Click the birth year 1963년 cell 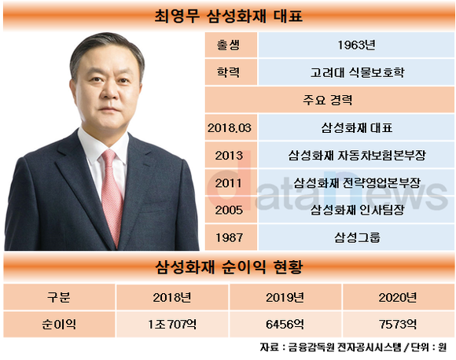pyautogui.click(x=356, y=45)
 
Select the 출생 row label pyautogui.click(x=229, y=45)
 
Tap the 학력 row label pyautogui.click(x=229, y=72)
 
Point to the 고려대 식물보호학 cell pyautogui.click(x=357, y=72)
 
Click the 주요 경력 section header pyautogui.click(x=328, y=100)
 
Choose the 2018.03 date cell pyautogui.click(x=229, y=127)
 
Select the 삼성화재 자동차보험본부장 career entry pyautogui.click(x=357, y=156)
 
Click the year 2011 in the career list pyautogui.click(x=229, y=183)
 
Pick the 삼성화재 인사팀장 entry pyautogui.click(x=357, y=210)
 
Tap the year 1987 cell pyautogui.click(x=229, y=237)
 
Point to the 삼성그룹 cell pyautogui.click(x=357, y=237)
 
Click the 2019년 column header pyautogui.click(x=285, y=297)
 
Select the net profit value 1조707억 pyautogui.click(x=172, y=324)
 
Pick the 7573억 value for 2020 pyautogui.click(x=398, y=324)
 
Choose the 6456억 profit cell pyautogui.click(x=285, y=324)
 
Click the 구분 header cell pyautogui.click(x=59, y=297)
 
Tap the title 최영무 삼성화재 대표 pyautogui.click(x=229, y=16)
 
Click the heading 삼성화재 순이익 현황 pyautogui.click(x=229, y=267)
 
